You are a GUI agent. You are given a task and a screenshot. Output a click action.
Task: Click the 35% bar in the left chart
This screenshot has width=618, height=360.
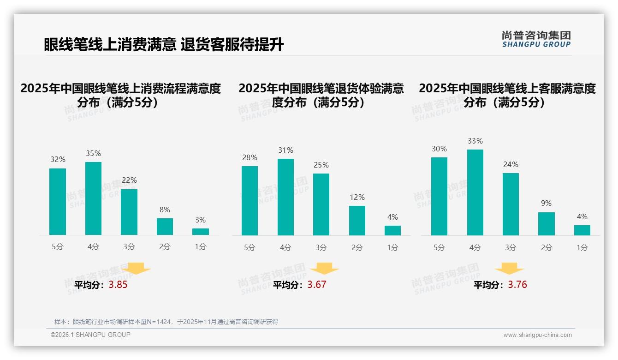pyautogui.click(x=93, y=198)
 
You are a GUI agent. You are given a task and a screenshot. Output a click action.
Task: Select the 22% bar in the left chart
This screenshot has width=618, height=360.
pyautogui.click(x=129, y=212)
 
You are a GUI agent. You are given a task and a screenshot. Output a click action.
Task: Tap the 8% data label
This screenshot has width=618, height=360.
pyautogui.click(x=165, y=209)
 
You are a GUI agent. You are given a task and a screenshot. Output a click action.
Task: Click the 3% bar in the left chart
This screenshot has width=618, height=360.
pyautogui.click(x=201, y=232)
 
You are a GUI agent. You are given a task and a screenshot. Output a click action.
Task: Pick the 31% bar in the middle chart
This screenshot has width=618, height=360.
pyautogui.click(x=285, y=197)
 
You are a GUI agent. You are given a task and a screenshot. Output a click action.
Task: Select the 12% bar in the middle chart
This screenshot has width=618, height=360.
pyautogui.click(x=357, y=221)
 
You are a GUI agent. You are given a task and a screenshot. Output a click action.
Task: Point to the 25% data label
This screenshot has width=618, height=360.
pyautogui.click(x=321, y=165)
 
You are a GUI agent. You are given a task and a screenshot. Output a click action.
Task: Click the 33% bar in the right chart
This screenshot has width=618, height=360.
pyautogui.click(x=475, y=192)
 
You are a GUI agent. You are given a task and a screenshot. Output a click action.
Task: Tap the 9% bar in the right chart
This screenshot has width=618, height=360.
pyautogui.click(x=547, y=224)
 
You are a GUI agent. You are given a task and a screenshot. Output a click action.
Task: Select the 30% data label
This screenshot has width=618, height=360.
pyautogui.click(x=439, y=149)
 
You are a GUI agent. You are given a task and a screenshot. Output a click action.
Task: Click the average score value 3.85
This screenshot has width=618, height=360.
pyautogui.click(x=118, y=285)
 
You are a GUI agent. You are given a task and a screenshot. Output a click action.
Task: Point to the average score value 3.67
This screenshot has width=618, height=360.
pyautogui.click(x=317, y=285)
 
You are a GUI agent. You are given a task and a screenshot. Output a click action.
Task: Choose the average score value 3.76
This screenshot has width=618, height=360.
pyautogui.click(x=517, y=285)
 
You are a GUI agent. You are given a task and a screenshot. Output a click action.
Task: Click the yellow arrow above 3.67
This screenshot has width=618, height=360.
pyautogui.click(x=324, y=269)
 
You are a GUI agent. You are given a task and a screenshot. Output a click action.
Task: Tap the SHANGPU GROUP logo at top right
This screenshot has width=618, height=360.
pyautogui.click(x=536, y=39)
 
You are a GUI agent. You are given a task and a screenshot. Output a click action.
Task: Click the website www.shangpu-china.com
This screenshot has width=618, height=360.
pyautogui.click(x=537, y=335)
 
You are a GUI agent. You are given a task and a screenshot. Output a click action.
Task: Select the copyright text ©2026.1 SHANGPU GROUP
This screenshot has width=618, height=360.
pyautogui.click(x=90, y=335)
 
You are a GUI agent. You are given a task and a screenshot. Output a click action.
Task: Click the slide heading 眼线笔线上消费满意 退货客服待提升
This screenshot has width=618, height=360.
pyautogui.click(x=164, y=45)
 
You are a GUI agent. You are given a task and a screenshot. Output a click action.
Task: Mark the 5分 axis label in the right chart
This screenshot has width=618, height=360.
pyautogui.click(x=439, y=248)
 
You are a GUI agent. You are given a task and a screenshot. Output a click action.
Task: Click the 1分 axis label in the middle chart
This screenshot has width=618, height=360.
pyautogui.click(x=392, y=248)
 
